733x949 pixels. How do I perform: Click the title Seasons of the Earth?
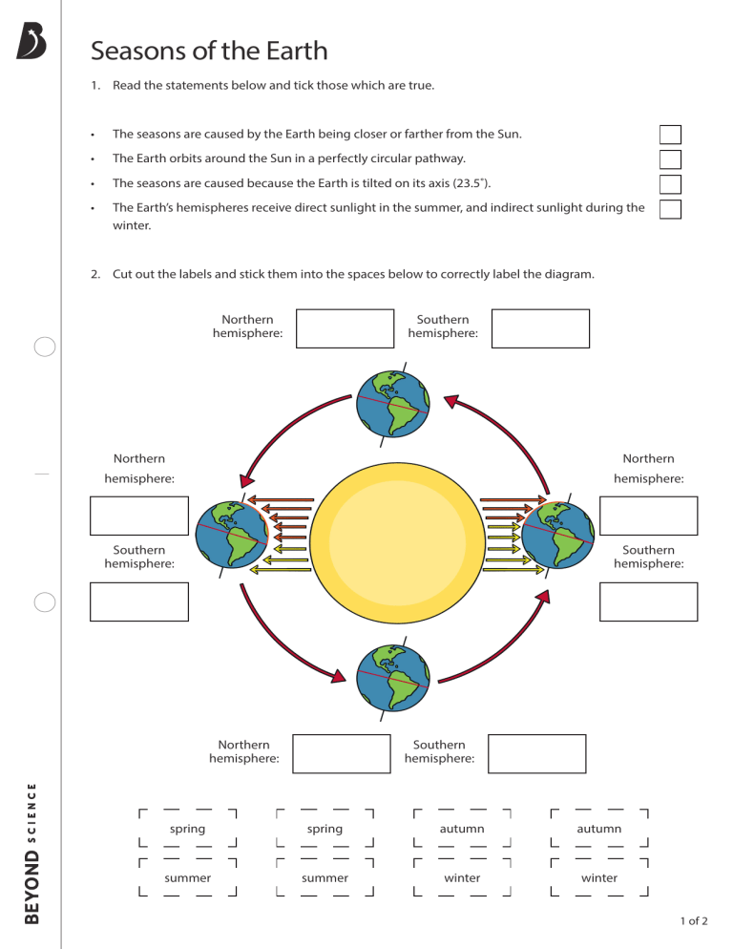coord(209,51)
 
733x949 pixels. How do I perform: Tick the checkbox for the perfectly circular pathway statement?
coord(670,159)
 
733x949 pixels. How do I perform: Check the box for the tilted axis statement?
coord(670,184)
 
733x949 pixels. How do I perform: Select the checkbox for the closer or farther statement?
coord(670,135)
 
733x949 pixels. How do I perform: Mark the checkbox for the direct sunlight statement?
coord(670,209)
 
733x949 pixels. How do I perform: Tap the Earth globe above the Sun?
coord(392,403)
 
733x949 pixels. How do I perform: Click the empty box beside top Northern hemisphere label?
coord(345,328)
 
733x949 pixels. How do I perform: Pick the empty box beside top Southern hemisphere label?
coord(540,328)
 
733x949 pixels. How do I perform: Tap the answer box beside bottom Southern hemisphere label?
coord(536,753)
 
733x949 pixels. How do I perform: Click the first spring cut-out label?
coord(188,829)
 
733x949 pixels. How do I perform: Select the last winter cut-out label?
coord(599,877)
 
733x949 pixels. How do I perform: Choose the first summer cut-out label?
coord(188,877)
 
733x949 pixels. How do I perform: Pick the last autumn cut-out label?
coord(599,829)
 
